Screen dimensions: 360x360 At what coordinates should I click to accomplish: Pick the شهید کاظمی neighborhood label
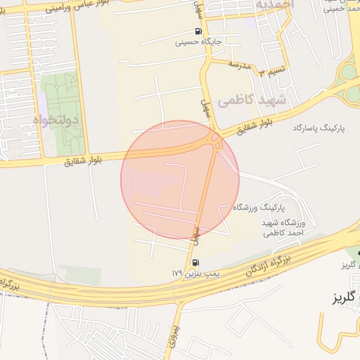click(252, 100)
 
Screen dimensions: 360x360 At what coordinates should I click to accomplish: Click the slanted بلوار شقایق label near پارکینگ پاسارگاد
click(253, 127)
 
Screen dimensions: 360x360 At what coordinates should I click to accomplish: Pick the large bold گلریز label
click(347, 298)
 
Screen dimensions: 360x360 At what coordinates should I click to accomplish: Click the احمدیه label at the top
click(275, 6)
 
